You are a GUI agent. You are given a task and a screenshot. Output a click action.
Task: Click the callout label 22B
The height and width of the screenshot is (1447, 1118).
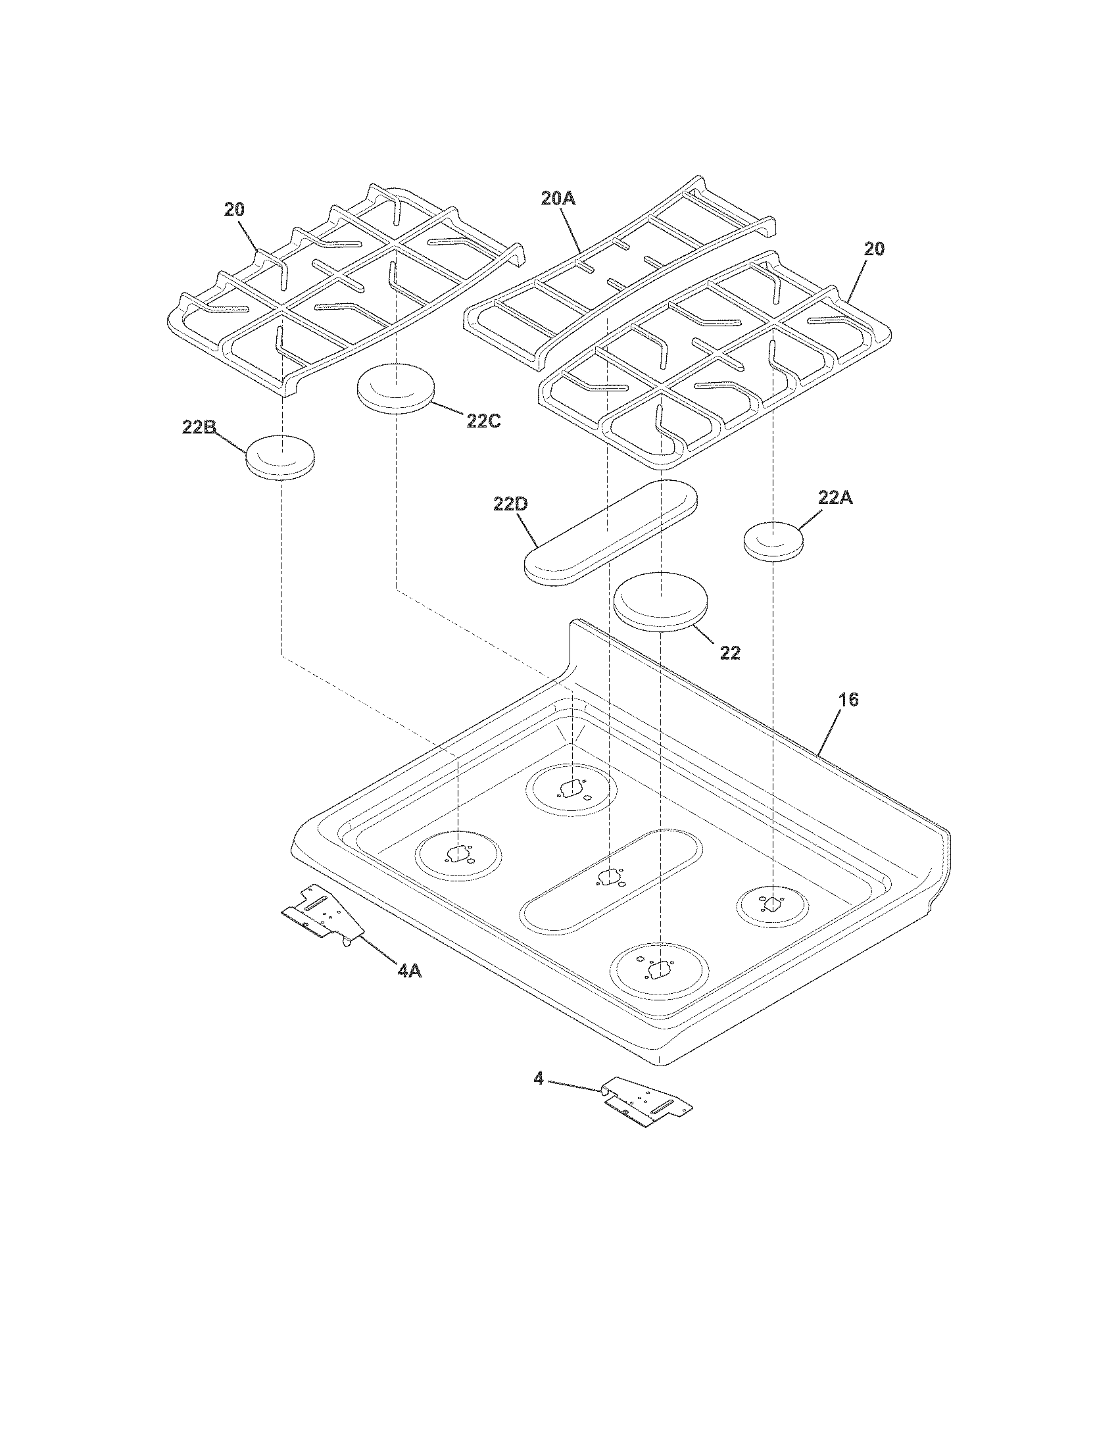pyautogui.click(x=199, y=428)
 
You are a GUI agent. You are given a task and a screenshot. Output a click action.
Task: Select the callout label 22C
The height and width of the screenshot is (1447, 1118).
pyautogui.click(x=483, y=420)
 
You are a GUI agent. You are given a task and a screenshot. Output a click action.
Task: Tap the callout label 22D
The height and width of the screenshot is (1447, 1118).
pyautogui.click(x=510, y=504)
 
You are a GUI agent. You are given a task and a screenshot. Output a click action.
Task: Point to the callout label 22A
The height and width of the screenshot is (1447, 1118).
pyautogui.click(x=835, y=499)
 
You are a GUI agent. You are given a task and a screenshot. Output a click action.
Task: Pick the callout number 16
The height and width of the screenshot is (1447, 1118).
pyautogui.click(x=848, y=699)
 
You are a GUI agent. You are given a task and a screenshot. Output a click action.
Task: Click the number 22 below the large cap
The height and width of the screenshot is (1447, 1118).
pyautogui.click(x=730, y=652)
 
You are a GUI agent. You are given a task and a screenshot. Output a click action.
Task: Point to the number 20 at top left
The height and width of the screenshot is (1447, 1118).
pyautogui.click(x=234, y=209)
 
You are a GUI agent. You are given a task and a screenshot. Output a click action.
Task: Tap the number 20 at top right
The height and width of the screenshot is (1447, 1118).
pyautogui.click(x=873, y=249)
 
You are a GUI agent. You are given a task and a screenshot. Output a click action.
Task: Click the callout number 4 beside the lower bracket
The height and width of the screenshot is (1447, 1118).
pyautogui.click(x=539, y=1079)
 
